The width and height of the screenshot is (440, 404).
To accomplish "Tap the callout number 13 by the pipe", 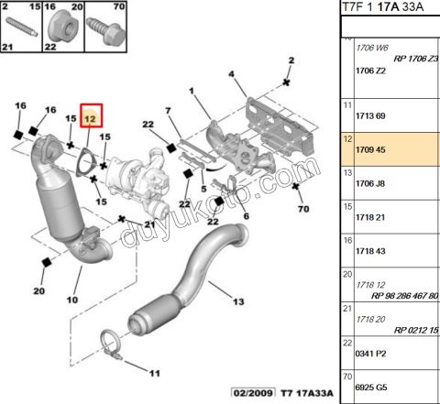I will pyautogui.click(x=239, y=301).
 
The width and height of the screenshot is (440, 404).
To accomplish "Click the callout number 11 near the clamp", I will pyautogui.click(x=154, y=373).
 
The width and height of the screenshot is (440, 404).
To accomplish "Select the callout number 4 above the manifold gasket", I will pyautogui.click(x=232, y=73).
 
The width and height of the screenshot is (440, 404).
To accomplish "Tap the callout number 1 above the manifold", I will pyautogui.click(x=193, y=92).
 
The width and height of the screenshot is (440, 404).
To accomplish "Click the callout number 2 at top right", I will pyautogui.click(x=291, y=60).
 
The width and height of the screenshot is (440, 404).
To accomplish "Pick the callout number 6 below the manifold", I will pyautogui.click(x=246, y=217).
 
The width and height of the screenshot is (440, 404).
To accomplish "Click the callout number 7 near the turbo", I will pyautogui.click(x=168, y=112).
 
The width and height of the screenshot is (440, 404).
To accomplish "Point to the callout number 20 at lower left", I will pyautogui.click(x=39, y=291).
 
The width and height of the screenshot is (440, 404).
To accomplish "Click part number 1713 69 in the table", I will pyautogui.click(x=371, y=116).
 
